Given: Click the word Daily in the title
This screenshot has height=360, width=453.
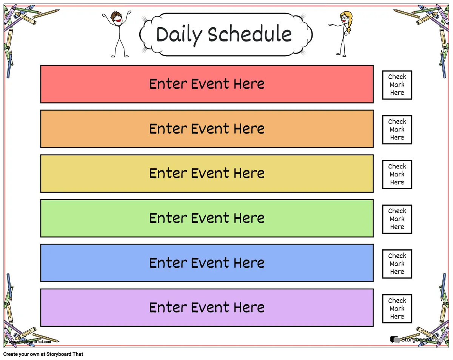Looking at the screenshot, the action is (179, 35).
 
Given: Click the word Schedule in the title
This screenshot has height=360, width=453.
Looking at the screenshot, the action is (250, 33).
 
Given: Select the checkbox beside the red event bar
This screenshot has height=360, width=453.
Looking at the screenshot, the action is (397, 85).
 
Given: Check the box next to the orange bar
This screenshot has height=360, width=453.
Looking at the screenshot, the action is (397, 130).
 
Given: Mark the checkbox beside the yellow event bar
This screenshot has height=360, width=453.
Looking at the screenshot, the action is (397, 175).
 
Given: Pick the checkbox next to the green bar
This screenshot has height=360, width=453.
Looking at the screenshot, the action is (397, 219).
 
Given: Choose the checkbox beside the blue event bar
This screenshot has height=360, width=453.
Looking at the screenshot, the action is (397, 264).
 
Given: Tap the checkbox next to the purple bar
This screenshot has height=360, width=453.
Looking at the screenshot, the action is (397, 309).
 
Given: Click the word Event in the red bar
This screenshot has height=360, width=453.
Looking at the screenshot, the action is (210, 84).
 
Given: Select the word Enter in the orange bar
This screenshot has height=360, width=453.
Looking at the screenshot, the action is (168, 128).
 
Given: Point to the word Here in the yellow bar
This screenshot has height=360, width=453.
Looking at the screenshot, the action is (249, 173).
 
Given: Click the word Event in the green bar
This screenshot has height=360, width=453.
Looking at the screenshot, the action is (210, 218).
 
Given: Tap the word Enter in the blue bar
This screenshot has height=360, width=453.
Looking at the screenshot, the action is (168, 263).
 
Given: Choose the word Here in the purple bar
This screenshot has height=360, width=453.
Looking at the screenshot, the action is (249, 307).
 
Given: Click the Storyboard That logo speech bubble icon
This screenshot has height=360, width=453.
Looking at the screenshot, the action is (395, 340).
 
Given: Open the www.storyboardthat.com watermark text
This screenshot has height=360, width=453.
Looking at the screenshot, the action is (30, 341).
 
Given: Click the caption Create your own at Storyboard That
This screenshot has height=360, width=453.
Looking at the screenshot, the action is (43, 354).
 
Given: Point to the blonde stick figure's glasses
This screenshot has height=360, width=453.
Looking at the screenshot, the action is (344, 18).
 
